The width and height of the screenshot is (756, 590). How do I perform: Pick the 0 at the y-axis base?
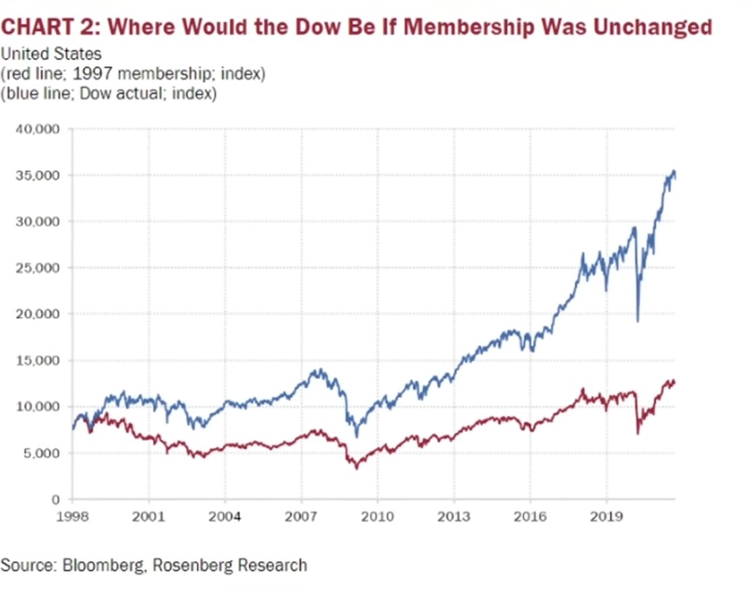[57, 499]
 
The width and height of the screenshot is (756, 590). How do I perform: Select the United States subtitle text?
[51, 55]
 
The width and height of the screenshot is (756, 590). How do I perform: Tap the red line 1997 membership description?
[133, 74]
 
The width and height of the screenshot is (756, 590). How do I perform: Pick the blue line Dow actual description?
[109, 93]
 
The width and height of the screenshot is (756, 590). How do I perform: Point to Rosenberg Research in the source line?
[229, 564]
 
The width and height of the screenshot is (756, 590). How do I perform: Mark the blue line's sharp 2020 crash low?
[637, 321]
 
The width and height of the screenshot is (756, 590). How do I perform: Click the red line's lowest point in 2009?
[356, 468]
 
